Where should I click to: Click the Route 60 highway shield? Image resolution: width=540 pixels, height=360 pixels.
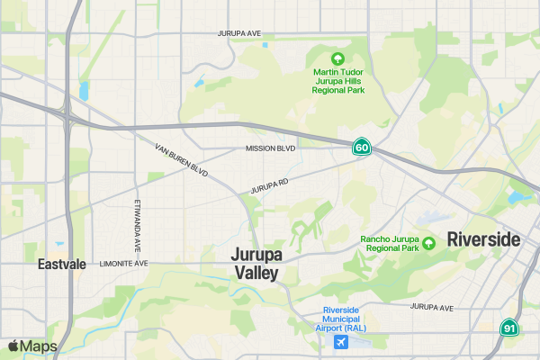[362, 147]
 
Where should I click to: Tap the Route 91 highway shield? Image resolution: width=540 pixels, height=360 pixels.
[509, 328]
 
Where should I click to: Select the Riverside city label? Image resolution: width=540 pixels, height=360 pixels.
[484, 239]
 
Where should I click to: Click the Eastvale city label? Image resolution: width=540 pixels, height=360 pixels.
[62, 265]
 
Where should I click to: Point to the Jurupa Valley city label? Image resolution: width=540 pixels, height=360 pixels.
[256, 263]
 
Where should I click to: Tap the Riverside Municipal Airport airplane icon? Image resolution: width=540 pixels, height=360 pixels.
[341, 343]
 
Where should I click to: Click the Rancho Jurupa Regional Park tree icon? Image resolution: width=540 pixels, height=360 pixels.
[429, 242]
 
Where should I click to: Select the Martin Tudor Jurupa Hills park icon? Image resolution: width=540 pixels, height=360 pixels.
[338, 58]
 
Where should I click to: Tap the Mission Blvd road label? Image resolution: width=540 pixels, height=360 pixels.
[270, 148]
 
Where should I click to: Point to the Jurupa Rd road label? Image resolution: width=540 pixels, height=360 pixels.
[269, 187]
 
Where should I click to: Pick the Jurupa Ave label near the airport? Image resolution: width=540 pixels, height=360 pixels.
[432, 307]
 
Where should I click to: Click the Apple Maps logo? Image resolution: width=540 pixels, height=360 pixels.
[32, 346]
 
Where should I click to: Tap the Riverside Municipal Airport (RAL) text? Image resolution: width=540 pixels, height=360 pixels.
[341, 319]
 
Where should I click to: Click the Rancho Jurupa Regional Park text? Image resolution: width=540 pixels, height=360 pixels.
[390, 243]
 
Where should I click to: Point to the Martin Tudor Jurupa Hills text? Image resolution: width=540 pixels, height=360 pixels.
[338, 81]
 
